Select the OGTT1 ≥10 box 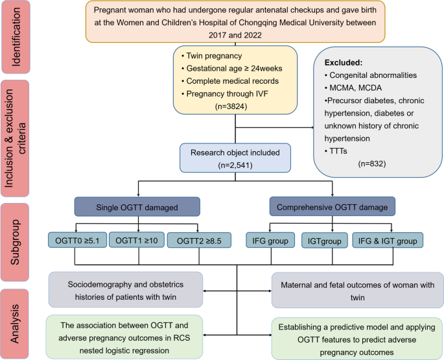coord(137,241)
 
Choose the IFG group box coord(267,241)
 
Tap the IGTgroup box coord(323,241)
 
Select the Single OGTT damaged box coord(137,207)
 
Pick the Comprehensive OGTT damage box coord(331,207)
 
